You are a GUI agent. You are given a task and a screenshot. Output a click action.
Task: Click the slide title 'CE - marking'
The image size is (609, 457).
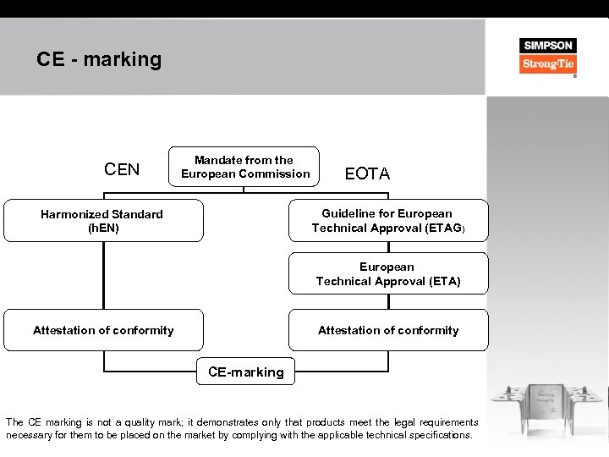point(99,60)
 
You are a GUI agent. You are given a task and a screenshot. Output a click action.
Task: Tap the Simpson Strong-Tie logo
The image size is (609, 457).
point(547,56)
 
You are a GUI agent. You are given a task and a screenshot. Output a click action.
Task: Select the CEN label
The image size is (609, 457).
point(122,169)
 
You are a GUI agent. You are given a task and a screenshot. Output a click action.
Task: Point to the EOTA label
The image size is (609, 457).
point(366,173)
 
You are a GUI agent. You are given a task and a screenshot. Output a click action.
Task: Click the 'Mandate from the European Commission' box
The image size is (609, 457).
point(244,167)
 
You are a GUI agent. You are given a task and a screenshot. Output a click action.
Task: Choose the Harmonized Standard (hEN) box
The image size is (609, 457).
point(102,221)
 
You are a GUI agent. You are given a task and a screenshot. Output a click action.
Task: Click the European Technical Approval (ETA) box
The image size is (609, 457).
point(388,274)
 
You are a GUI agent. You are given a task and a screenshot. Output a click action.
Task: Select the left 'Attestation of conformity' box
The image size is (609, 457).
point(103,330)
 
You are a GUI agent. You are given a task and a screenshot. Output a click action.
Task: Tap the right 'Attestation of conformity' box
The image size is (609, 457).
point(388,330)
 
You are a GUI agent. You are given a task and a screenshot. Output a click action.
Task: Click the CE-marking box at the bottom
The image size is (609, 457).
point(246,372)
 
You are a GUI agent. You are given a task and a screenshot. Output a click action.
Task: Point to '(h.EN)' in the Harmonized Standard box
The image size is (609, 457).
point(102,228)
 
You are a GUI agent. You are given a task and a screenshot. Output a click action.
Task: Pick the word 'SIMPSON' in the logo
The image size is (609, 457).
point(547,46)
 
